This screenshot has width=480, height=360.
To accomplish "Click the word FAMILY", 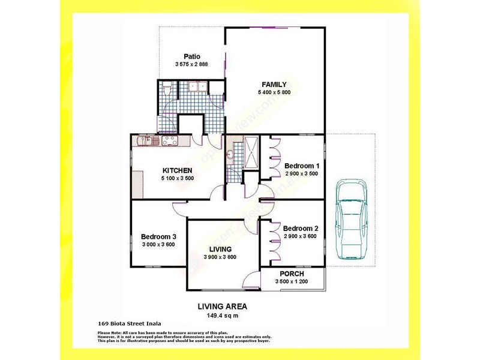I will click(274, 84).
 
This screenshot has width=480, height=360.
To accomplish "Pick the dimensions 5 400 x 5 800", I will click(274, 92).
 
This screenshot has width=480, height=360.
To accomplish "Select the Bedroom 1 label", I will click(301, 166).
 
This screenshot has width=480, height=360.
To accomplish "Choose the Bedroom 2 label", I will click(301, 228).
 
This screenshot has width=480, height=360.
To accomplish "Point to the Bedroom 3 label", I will click(158, 236).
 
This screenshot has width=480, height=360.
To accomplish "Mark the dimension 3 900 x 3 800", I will click(220, 257).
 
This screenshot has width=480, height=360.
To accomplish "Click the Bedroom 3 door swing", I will click(178, 209).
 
